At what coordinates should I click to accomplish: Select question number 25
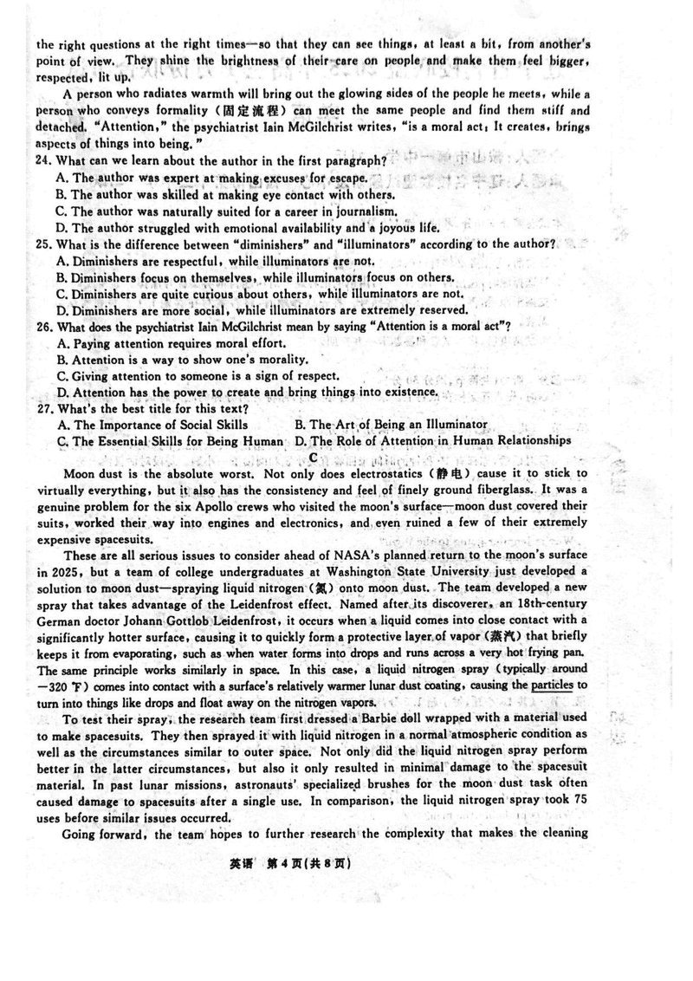[x=44, y=244]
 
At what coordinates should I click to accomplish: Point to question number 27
[x=44, y=408]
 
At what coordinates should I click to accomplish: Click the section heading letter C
[x=313, y=457]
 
